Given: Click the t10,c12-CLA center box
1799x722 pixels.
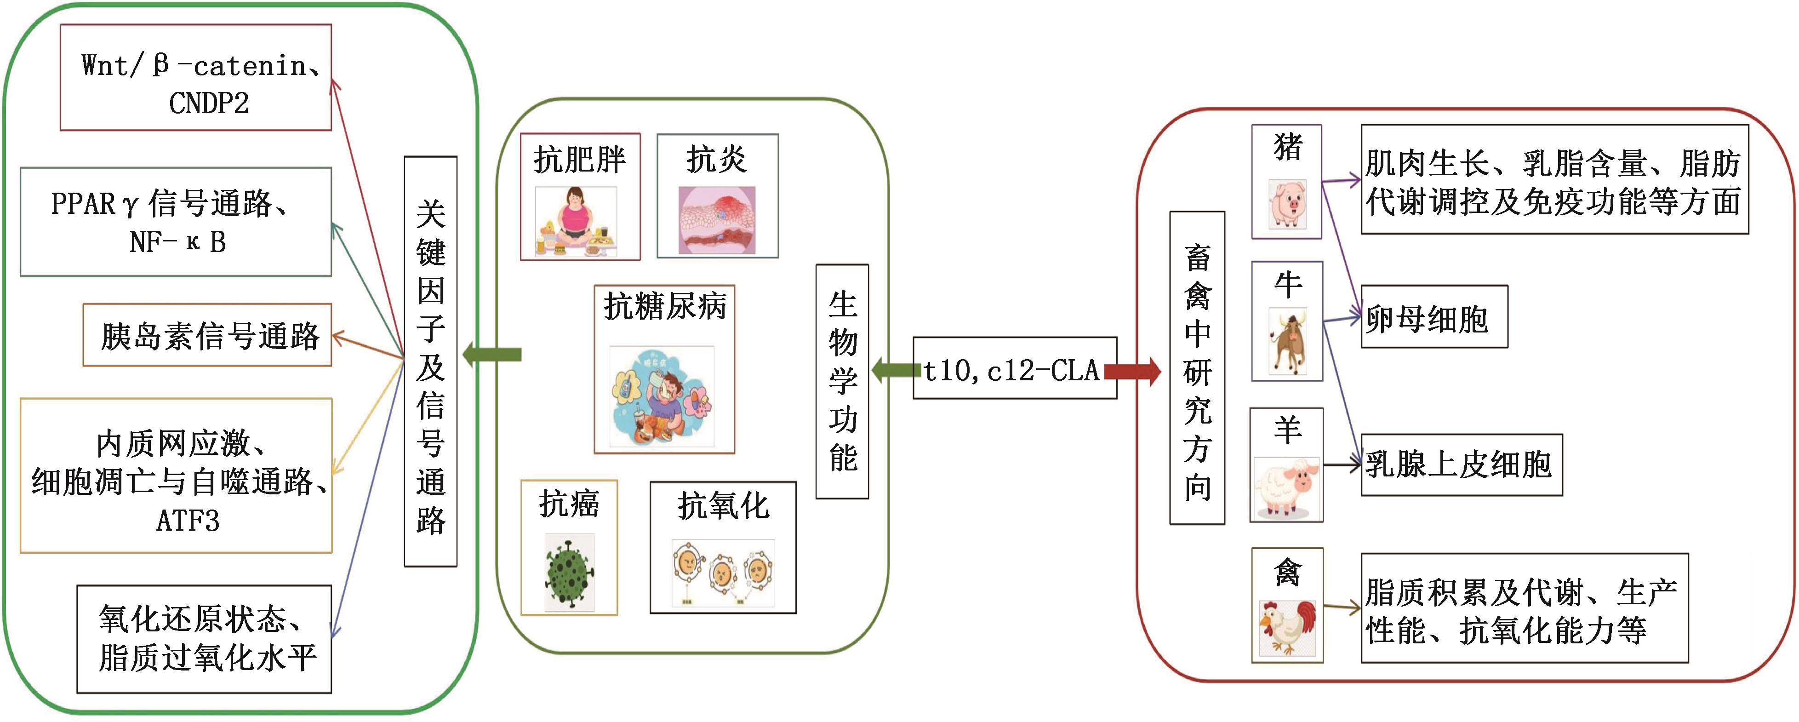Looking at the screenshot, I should click(x=1014, y=369).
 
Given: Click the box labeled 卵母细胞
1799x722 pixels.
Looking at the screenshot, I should click(x=1434, y=318).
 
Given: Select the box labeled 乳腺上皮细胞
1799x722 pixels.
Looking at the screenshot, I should click(x=1461, y=464).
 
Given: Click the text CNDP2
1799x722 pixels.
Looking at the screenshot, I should click(x=208, y=103).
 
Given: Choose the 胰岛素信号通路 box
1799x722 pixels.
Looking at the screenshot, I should click(x=207, y=335).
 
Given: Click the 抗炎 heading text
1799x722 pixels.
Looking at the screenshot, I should click(x=717, y=159).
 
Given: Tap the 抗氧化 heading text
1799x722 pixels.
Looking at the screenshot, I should click(x=723, y=505).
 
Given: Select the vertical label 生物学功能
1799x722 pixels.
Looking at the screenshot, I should click(x=842, y=381).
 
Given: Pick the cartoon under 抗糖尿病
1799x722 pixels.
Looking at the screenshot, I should click(x=662, y=396).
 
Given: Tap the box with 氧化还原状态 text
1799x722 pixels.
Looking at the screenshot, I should click(x=204, y=639).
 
